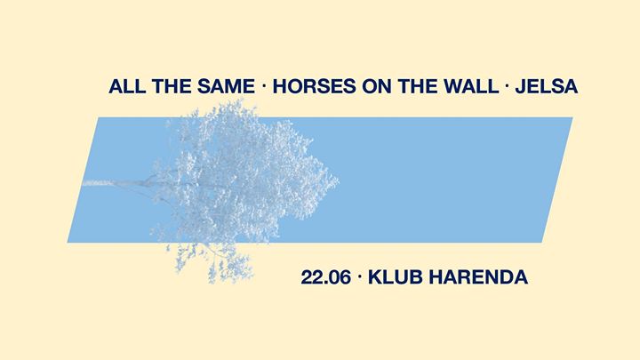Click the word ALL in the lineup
tap(127, 86)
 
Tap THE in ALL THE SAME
tap(172, 86)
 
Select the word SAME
tap(227, 86)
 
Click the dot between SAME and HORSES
tap(264, 86)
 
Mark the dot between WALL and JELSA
tap(507, 86)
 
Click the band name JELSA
tap(547, 86)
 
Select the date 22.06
tap(325, 277)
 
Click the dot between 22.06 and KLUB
tap(359, 277)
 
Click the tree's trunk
tap(123, 184)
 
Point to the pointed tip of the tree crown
tap(339, 180)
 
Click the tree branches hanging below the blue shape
tap(210, 262)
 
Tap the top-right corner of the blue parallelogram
tap(572, 117)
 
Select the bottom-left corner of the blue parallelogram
tap(68, 243)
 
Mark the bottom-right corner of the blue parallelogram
tap(542, 243)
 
